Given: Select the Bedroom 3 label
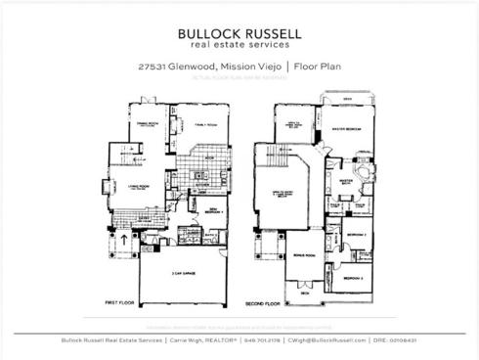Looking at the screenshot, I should tap(353, 277).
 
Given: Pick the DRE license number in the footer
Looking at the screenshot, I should tap(401, 340).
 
